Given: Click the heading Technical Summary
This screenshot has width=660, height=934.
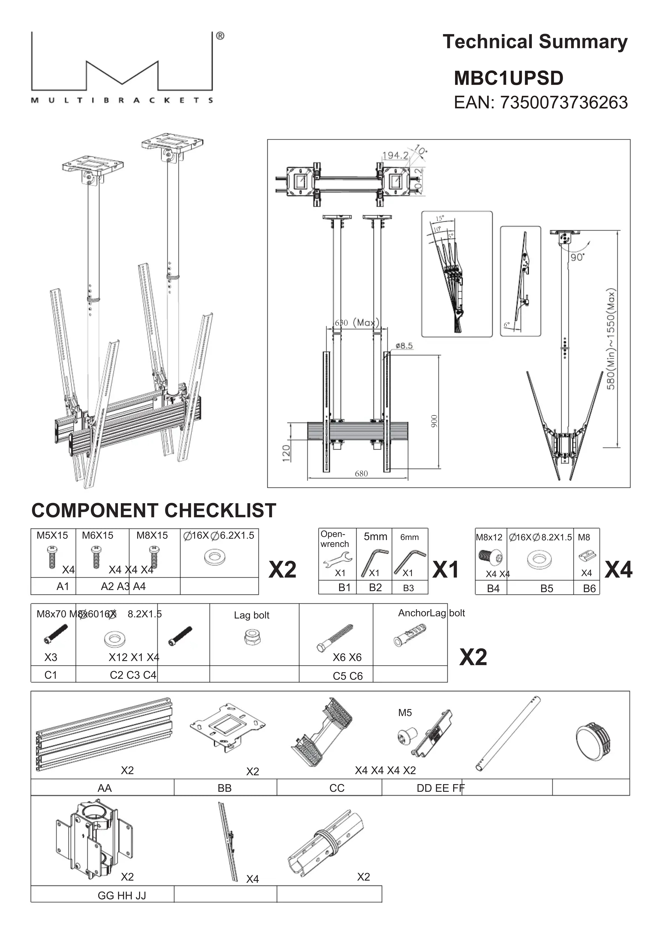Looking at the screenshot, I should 535,42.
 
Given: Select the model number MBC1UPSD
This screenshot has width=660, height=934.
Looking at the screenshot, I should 509,78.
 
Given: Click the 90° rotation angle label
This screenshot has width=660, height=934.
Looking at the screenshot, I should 577,257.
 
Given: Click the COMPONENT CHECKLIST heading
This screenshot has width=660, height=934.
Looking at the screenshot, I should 154,510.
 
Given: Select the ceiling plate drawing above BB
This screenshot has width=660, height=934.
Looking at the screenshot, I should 227,729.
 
